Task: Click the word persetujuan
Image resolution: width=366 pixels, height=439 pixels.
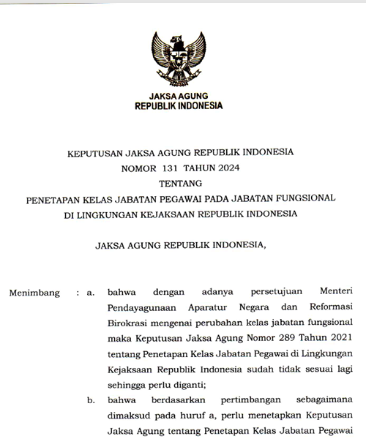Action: tap(262, 293)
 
